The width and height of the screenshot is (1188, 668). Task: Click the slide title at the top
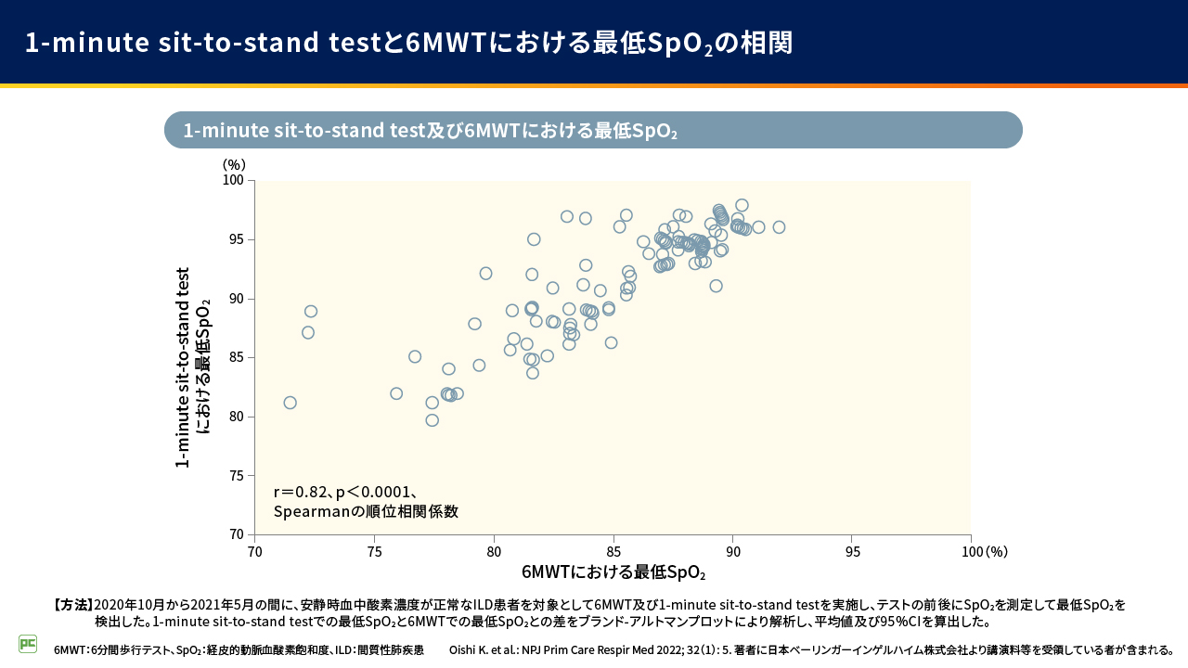tap(408, 43)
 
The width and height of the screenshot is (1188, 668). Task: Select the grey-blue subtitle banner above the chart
tap(593, 131)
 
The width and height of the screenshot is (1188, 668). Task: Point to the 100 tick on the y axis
tap(237, 181)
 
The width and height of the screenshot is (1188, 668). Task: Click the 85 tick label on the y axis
tap(237, 357)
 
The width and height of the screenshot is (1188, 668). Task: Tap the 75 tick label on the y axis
tap(237, 476)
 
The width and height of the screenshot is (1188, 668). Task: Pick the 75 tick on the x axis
tap(374, 551)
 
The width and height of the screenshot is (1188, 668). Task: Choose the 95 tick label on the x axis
tap(852, 551)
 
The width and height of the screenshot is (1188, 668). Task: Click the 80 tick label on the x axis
tap(494, 551)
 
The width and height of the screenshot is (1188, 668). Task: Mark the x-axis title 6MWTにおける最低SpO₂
tap(613, 572)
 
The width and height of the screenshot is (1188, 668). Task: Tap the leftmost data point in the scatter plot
tap(291, 403)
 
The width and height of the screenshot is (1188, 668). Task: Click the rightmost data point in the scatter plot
tap(779, 227)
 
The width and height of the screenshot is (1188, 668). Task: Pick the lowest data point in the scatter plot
tap(432, 420)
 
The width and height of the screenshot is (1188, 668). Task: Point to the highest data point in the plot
tap(742, 205)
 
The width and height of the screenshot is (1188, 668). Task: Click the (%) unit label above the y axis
tap(234, 164)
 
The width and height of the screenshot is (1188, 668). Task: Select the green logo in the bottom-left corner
tap(28, 643)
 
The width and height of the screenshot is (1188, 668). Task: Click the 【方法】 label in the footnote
tap(73, 605)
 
